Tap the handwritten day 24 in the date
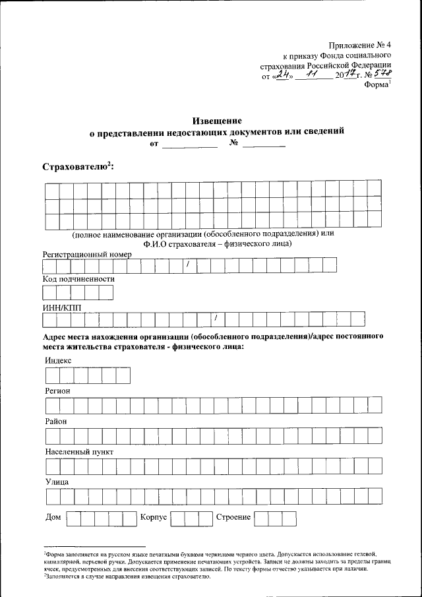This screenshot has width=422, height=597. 284,75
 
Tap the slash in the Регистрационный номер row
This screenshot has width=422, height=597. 188,265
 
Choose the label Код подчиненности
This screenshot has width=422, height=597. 78,279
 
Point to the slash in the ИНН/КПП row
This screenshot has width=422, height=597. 216,319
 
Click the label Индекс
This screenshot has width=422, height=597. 58,361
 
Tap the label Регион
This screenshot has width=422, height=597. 58,391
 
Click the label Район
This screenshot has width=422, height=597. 56,421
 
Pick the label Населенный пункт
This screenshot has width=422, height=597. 79,452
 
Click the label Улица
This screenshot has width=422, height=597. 57,482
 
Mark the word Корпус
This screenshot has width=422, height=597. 153,517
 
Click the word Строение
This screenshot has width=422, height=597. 233,517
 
